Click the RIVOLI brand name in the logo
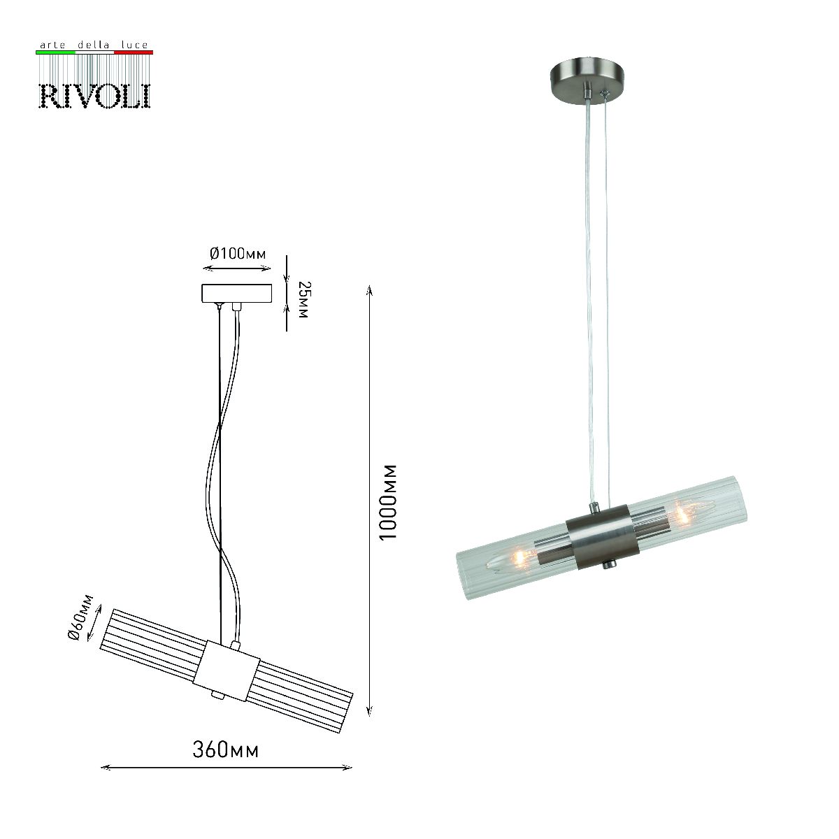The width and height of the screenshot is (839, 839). point(94,95)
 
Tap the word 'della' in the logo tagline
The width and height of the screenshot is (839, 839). point(94,45)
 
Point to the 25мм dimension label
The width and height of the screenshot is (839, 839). point(303,300)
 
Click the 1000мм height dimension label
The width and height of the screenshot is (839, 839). point(387,501)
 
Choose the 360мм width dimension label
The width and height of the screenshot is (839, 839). point(226,750)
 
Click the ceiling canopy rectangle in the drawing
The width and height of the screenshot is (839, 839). point(236,293)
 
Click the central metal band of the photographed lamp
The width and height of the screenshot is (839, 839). point(599,536)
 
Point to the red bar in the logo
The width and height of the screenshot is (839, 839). point(133,52)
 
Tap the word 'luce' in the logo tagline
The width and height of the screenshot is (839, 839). point(134,45)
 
